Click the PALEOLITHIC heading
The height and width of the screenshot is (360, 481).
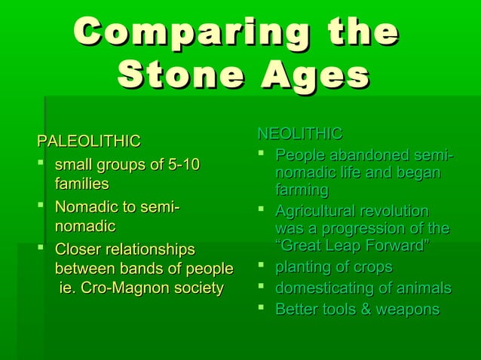point(89,141)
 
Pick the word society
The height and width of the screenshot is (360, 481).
point(198,288)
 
